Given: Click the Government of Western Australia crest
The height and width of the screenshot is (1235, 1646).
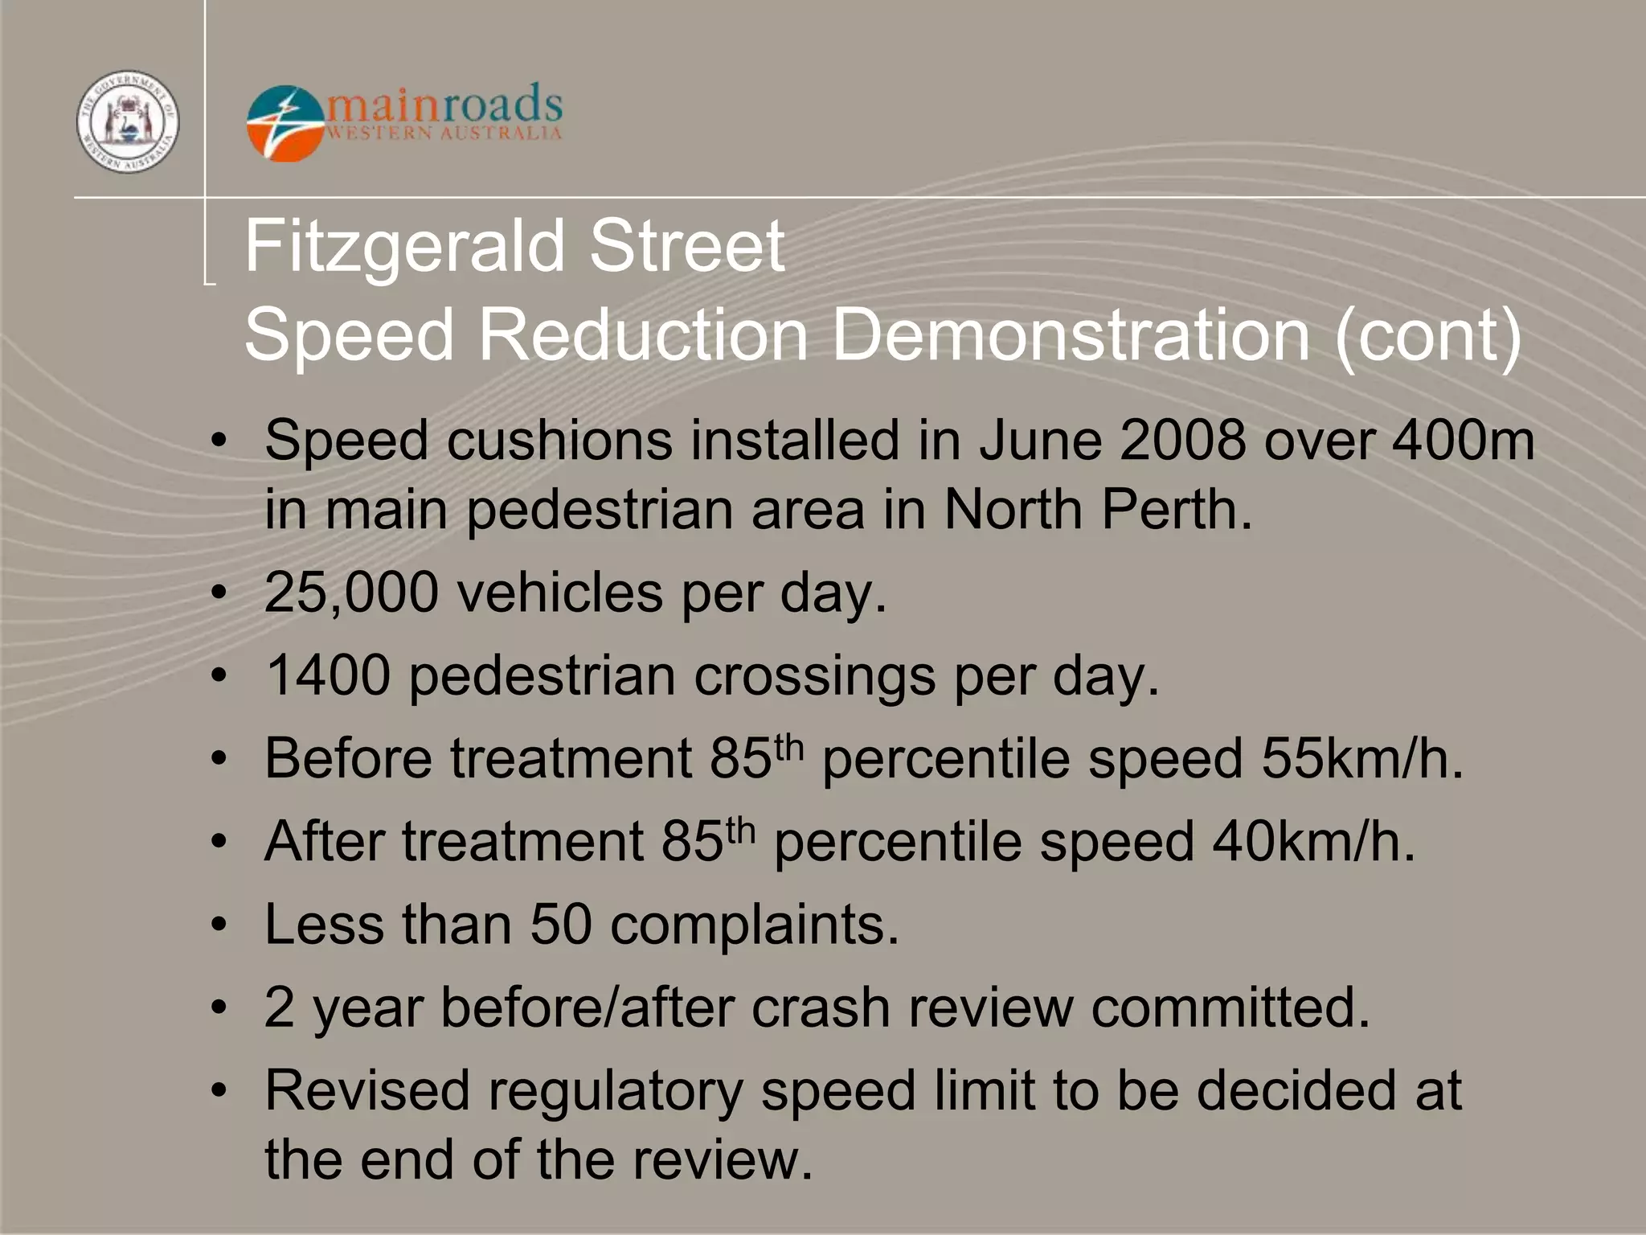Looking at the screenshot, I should [x=128, y=121].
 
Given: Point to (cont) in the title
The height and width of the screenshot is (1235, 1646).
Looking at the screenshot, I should [x=1427, y=336].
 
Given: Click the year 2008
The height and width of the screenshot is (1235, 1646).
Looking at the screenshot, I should [x=1182, y=441].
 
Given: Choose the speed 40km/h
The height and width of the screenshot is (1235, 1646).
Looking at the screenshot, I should [x=1313, y=842].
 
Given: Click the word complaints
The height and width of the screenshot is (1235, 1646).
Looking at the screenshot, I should [x=754, y=925].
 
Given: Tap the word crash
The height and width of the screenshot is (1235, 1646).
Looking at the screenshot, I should [x=821, y=1007].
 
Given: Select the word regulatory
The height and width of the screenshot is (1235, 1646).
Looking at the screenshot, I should [x=615, y=1092].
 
